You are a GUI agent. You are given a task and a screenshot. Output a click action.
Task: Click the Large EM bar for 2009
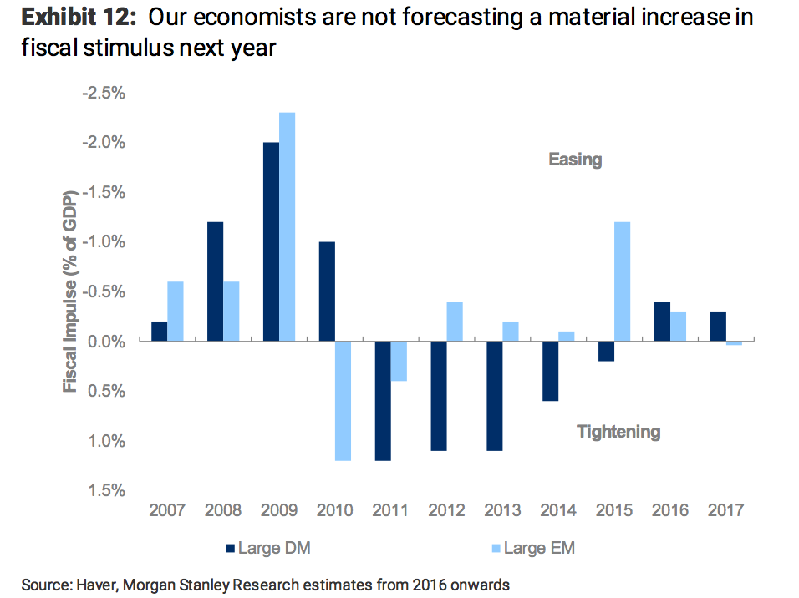click(x=287, y=226)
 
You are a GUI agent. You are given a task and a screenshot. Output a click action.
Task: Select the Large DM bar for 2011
click(x=383, y=401)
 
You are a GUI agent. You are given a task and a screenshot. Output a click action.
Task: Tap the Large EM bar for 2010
click(x=343, y=401)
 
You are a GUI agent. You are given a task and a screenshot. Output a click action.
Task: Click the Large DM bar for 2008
click(x=215, y=281)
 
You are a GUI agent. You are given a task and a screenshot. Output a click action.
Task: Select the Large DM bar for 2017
click(x=718, y=326)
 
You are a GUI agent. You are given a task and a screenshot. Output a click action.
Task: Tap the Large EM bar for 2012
click(x=455, y=321)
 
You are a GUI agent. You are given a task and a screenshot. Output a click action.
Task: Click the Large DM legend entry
click(x=267, y=549)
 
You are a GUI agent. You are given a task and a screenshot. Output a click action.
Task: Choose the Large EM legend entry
click(x=535, y=549)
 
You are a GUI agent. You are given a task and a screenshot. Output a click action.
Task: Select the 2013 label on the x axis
click(x=502, y=511)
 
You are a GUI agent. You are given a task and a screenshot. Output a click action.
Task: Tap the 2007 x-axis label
click(x=167, y=511)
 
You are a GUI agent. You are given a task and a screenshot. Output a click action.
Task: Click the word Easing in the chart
click(x=575, y=160)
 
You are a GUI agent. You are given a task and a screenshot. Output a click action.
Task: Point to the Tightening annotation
click(x=618, y=432)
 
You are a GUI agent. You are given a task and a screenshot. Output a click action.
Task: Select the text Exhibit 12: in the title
click(x=75, y=18)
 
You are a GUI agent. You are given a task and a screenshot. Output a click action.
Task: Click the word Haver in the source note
click(x=94, y=585)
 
